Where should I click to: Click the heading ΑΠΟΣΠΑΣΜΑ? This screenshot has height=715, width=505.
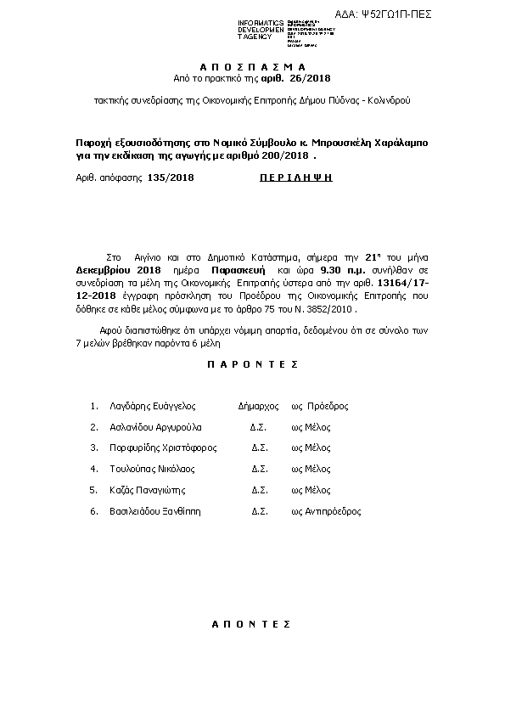click(x=251, y=65)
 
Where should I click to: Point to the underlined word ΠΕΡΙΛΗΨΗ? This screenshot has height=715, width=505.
click(x=295, y=177)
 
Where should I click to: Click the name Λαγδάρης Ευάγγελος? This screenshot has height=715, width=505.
click(x=154, y=406)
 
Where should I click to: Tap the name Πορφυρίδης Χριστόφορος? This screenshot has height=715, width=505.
click(x=164, y=448)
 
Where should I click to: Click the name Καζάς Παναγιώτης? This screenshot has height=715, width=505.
click(x=148, y=490)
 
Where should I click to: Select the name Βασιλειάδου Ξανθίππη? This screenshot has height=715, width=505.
click(x=156, y=511)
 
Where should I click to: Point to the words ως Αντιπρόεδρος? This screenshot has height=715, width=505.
click(x=326, y=511)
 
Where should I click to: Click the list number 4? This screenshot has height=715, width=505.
click(x=93, y=469)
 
